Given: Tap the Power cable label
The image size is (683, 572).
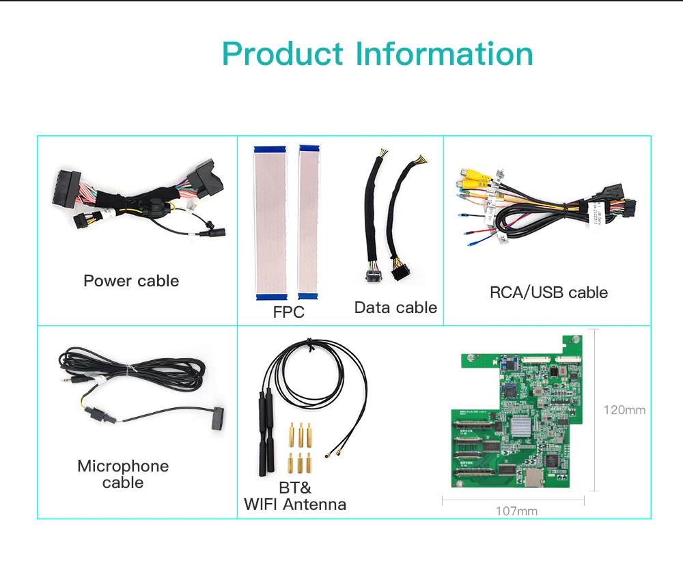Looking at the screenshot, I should click(131, 281).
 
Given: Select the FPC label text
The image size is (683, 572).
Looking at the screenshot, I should click(288, 313).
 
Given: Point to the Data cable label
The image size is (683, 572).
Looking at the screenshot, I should click(395, 308).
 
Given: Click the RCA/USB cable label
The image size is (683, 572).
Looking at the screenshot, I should click(548, 292).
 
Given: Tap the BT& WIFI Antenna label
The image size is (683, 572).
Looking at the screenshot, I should click(295, 497).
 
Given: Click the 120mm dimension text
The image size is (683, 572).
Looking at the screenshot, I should click(624, 410).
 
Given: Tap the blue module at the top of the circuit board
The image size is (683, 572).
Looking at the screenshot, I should click(510, 363).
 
